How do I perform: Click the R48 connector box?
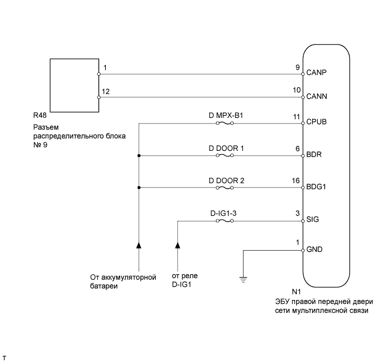pyautogui.click(x=74, y=84)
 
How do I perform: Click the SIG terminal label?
pyautogui.click(x=315, y=219)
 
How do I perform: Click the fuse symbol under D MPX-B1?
pyautogui.click(x=224, y=124)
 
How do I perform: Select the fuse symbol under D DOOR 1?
pyautogui.click(x=224, y=156)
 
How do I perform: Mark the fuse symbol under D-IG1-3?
pyautogui.click(x=224, y=221)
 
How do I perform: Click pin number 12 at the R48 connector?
pyautogui.click(x=106, y=92)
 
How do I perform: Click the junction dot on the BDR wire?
pyautogui.click(x=139, y=156)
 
